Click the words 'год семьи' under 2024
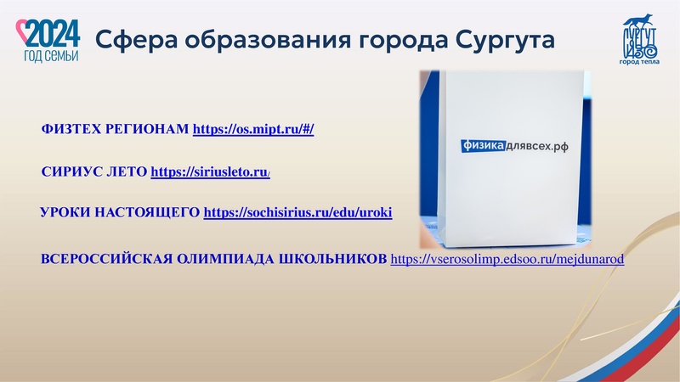[50, 55]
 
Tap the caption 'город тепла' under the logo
[639, 62]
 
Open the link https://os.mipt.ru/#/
[254, 130]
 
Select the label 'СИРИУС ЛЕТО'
[93, 172]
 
